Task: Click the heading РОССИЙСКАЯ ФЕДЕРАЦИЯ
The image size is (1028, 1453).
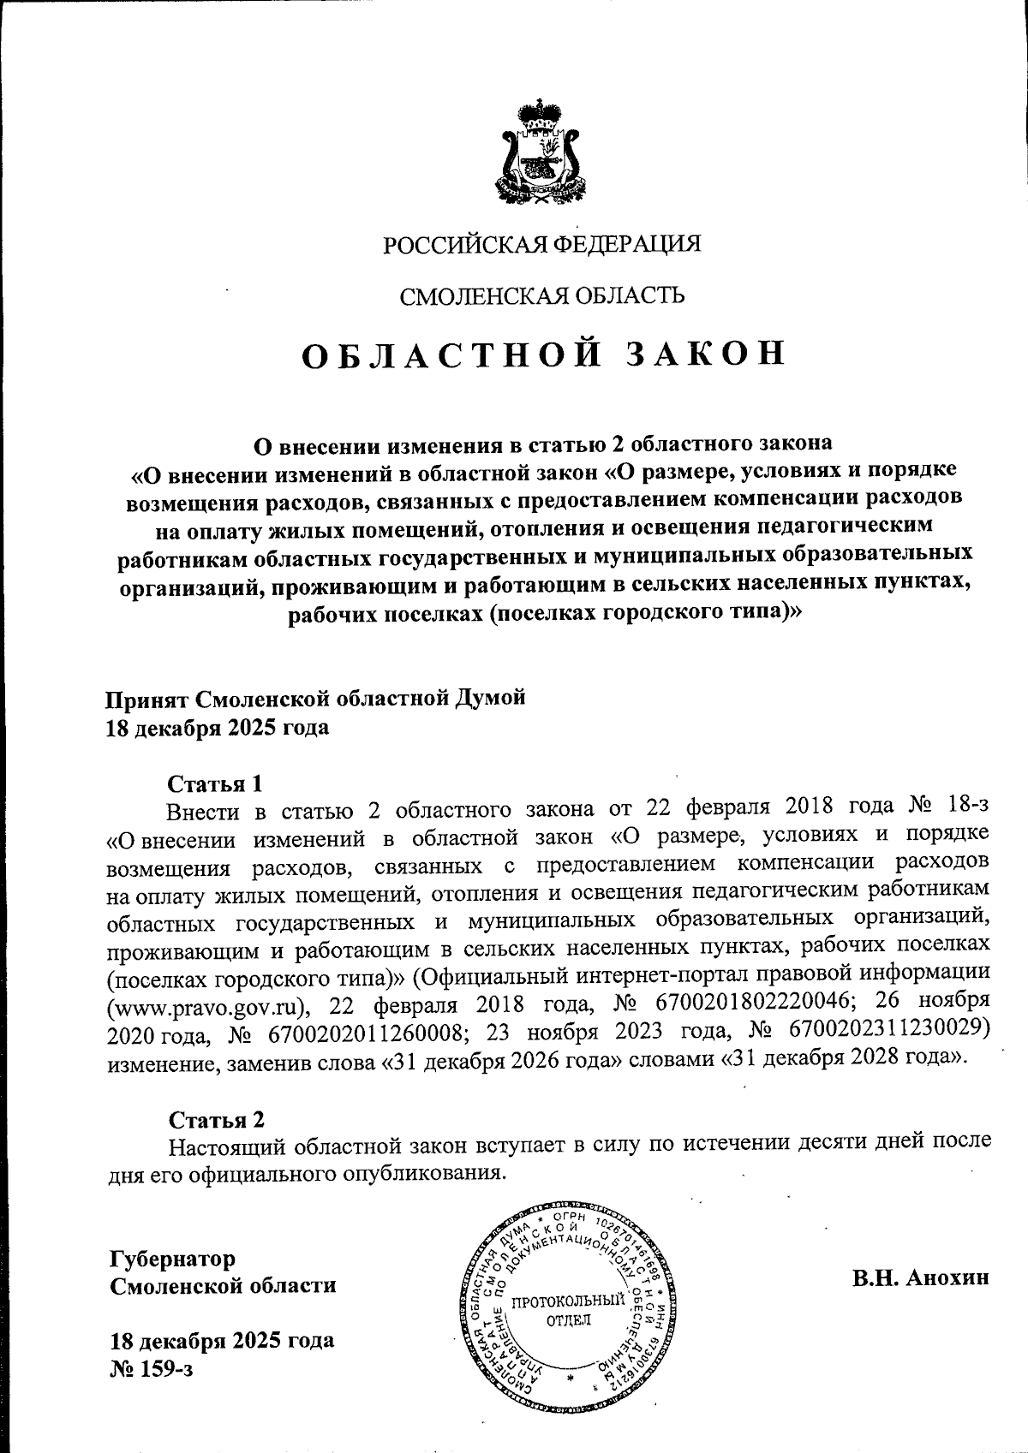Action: [541, 244]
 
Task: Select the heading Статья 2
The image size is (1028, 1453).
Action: [217, 1120]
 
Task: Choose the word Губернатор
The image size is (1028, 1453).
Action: [172, 1259]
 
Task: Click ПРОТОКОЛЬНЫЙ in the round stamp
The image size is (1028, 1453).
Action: [567, 1302]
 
